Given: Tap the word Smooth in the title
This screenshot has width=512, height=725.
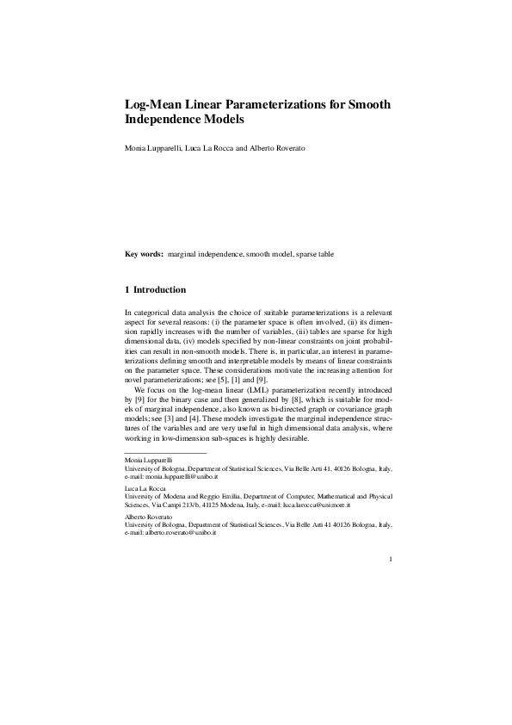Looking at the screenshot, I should tap(369, 105).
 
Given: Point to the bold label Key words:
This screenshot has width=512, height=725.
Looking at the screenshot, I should tap(145, 255).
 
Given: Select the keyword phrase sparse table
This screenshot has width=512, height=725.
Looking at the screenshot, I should tap(316, 255).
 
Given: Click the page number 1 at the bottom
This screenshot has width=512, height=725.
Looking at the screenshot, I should tap(391, 561).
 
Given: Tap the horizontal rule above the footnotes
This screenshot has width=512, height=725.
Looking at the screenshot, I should tap(166, 452).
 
